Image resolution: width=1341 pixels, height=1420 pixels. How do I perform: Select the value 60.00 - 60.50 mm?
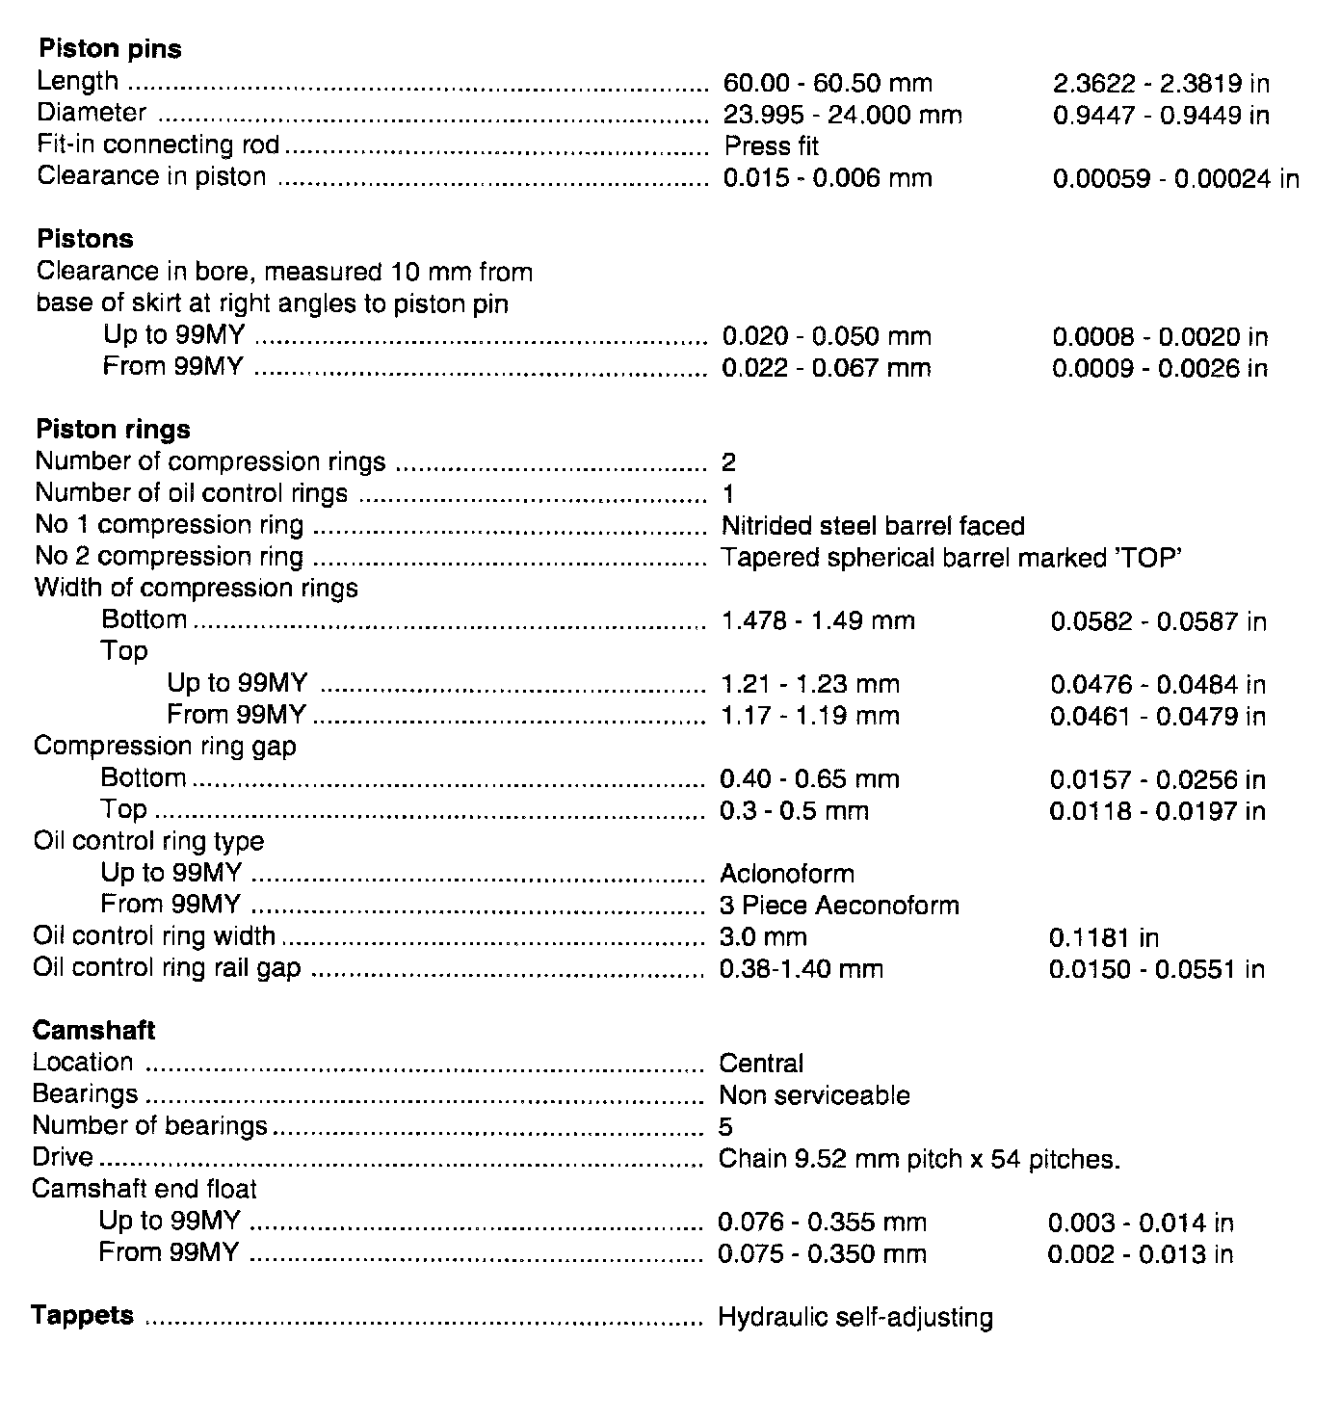pyautogui.click(x=827, y=84)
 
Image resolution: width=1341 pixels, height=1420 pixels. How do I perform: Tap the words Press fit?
pyautogui.click(x=771, y=146)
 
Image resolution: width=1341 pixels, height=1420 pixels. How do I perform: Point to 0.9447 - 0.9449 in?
pyautogui.click(x=1160, y=116)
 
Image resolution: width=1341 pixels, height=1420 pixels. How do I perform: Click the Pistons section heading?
pyautogui.click(x=85, y=239)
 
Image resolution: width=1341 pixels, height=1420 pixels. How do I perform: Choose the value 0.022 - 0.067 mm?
pyautogui.click(x=826, y=368)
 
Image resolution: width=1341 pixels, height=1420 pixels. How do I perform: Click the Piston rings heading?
pyautogui.click(x=113, y=430)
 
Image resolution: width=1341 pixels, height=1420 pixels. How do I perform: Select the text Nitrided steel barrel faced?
pyautogui.click(x=872, y=526)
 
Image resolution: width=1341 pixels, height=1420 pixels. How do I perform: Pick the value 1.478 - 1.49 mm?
pyautogui.click(x=817, y=621)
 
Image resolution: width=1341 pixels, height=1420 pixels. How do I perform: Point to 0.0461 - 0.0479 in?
pyautogui.click(x=1157, y=716)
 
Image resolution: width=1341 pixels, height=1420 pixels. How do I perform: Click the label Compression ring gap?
pyautogui.click(x=165, y=747)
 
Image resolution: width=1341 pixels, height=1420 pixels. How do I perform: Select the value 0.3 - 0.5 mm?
pyautogui.click(x=794, y=811)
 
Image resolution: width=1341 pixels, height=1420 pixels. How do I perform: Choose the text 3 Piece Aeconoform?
pyautogui.click(x=839, y=906)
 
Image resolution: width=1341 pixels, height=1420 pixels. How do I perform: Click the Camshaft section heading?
pyautogui.click(x=93, y=1031)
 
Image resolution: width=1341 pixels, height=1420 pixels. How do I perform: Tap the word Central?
pyautogui.click(x=761, y=1064)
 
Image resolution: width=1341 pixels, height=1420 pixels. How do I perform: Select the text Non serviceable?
pyautogui.click(x=814, y=1095)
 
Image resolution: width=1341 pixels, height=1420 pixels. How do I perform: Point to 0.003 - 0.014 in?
pyautogui.click(x=1140, y=1223)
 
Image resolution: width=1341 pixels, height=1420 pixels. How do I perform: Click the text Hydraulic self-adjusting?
pyautogui.click(x=855, y=1317)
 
